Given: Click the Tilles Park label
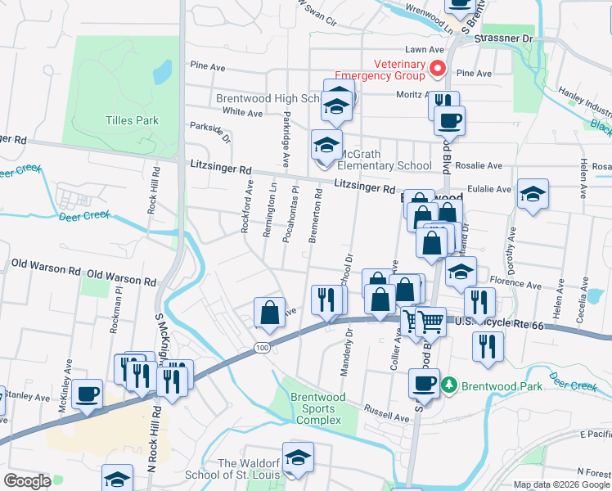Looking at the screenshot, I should tap(132, 120).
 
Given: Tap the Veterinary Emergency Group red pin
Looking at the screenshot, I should tap(438, 69).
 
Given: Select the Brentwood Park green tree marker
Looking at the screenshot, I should tap(448, 384).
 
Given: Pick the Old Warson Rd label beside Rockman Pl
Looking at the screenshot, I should tap(121, 280).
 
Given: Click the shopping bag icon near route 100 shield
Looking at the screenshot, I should tap(270, 312).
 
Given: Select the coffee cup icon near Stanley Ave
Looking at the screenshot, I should tap(88, 394).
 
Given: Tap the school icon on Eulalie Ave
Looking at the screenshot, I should tap(533, 195).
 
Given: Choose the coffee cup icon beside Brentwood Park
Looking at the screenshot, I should tap(424, 382).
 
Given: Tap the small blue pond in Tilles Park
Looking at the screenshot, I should tap(163, 72).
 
